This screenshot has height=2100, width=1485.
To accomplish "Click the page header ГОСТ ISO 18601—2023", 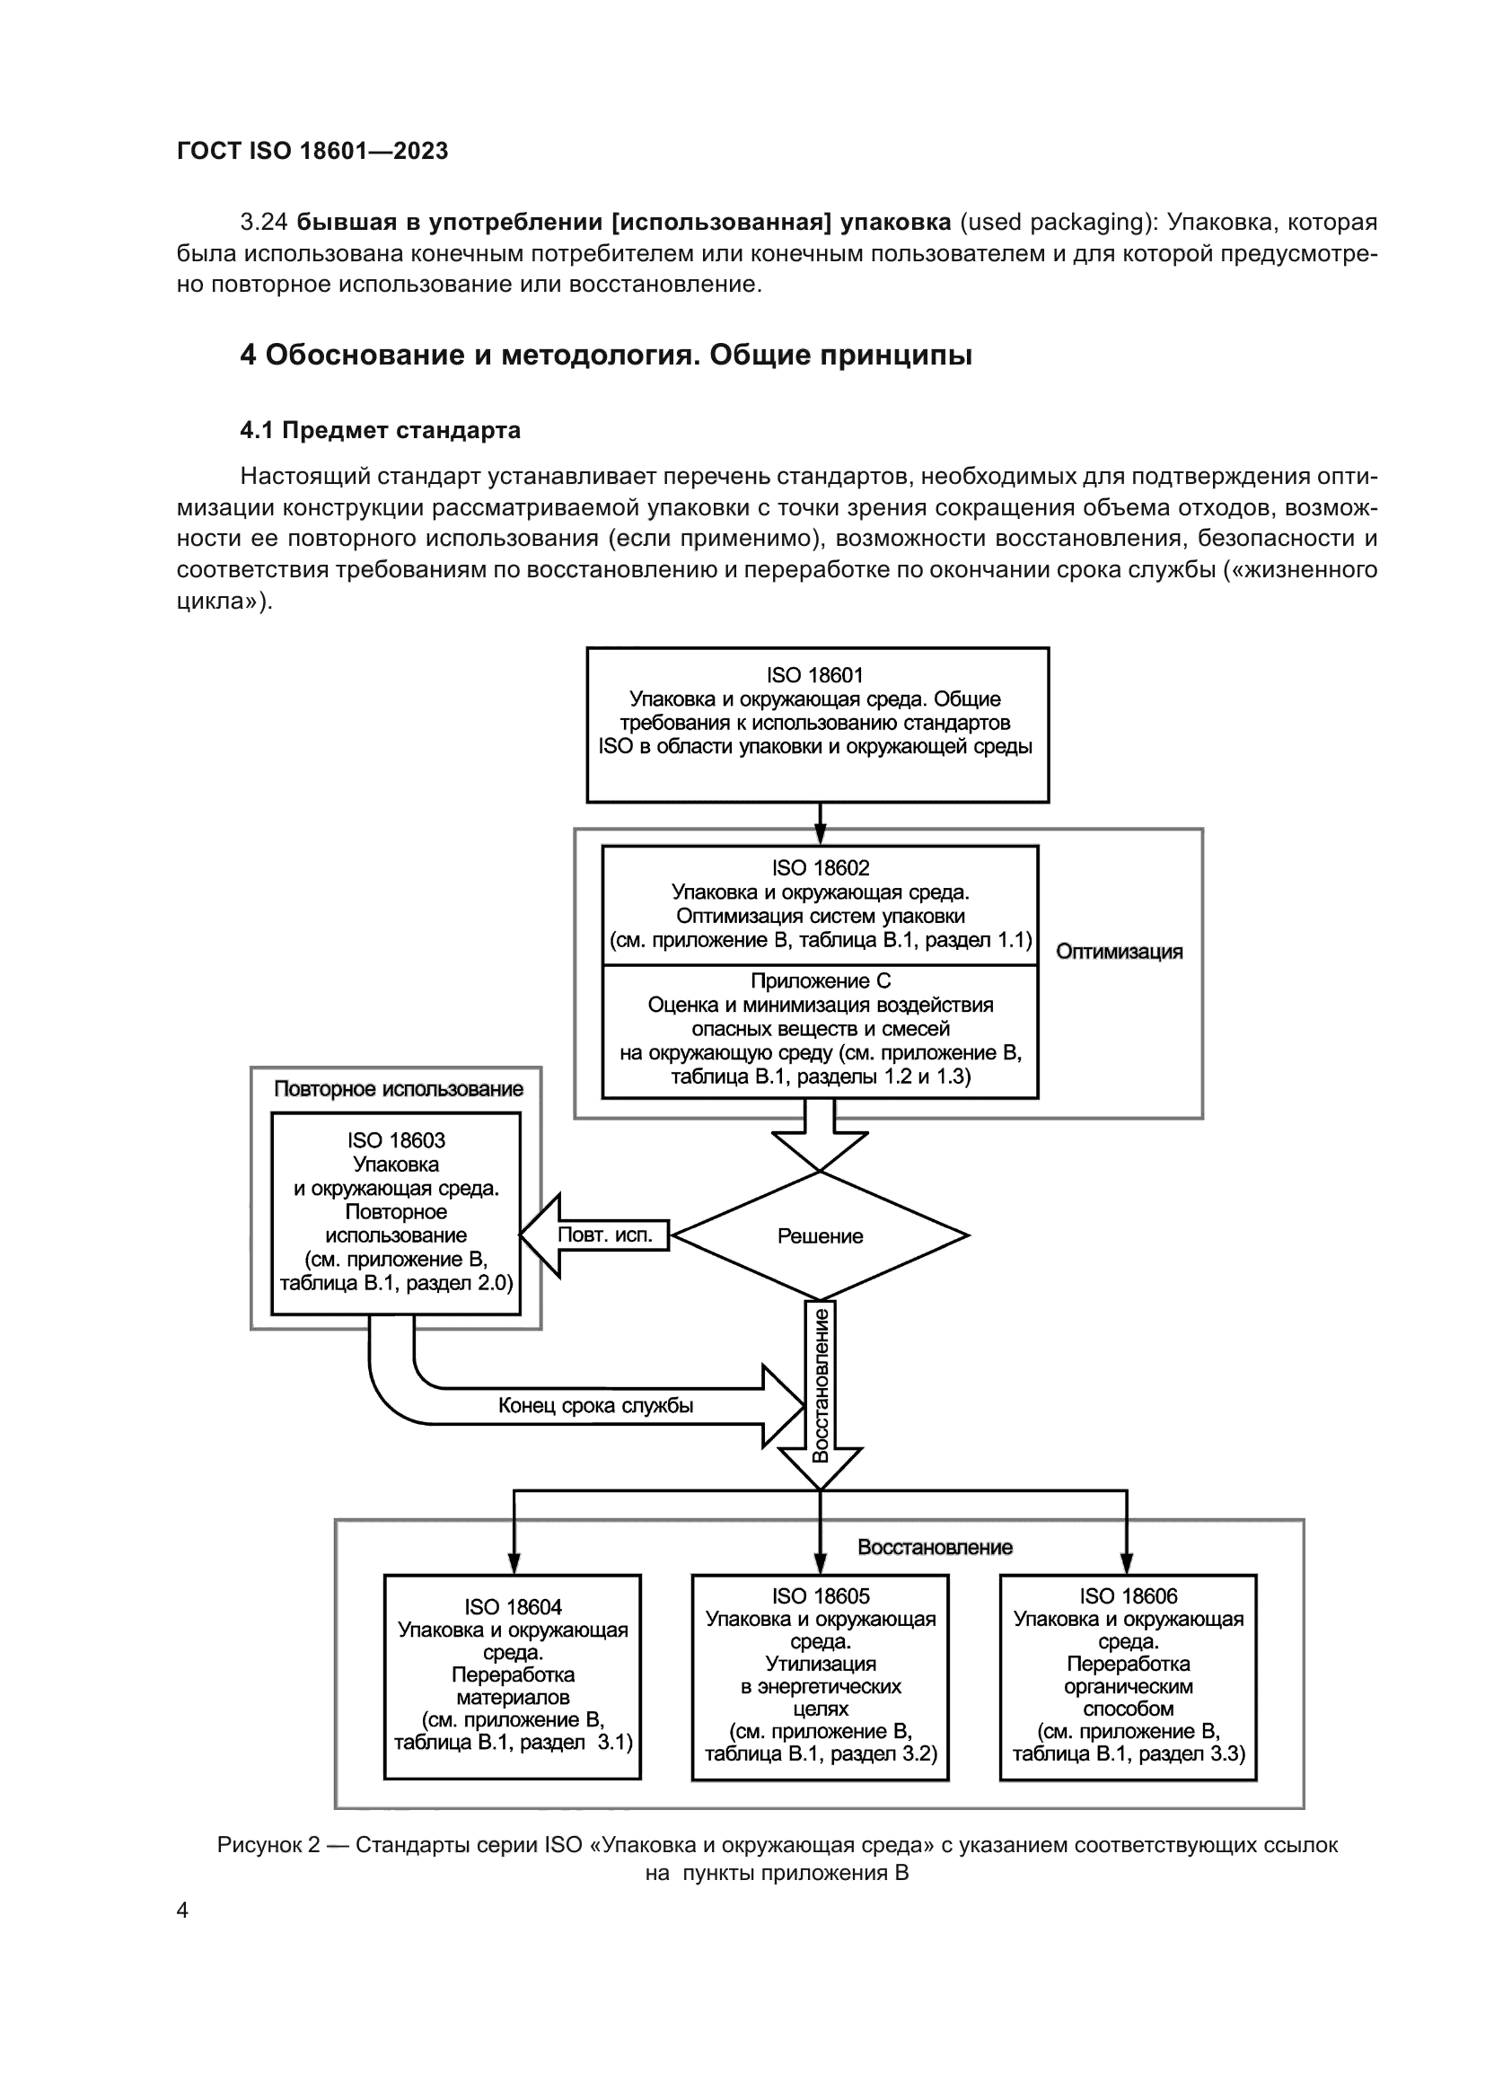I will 312,151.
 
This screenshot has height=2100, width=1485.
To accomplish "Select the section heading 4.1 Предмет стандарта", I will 381,430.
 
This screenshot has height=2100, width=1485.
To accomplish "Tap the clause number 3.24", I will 263,223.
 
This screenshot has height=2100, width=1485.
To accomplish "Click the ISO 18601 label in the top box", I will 814,675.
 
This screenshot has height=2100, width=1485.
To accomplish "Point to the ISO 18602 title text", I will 821,868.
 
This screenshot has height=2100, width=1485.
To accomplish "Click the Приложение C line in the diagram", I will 821,980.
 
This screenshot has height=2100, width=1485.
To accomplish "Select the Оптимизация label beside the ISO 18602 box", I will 1120,951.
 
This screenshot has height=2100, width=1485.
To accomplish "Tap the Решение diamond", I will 821,1235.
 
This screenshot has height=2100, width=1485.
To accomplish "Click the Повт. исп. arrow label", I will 605,1235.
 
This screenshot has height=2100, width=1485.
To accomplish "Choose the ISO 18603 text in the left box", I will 396,1140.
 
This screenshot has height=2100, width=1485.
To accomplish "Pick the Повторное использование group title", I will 399,1088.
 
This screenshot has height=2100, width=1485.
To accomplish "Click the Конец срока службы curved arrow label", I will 595,1405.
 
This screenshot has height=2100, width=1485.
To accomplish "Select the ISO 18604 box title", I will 513,1607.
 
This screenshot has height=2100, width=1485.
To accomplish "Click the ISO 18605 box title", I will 821,1596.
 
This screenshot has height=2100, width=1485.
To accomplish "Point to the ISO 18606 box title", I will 1129,1596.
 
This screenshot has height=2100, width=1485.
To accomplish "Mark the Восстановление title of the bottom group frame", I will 935,1548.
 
